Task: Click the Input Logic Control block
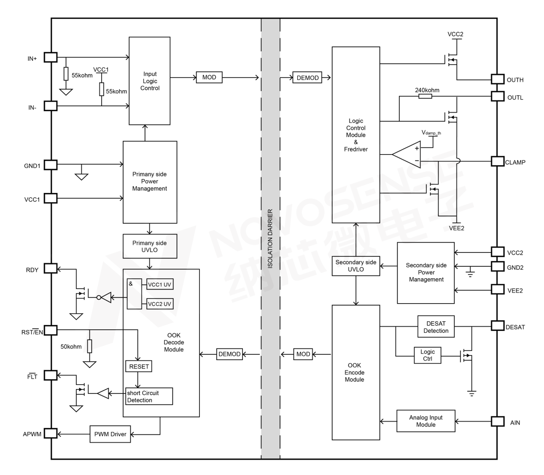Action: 150,81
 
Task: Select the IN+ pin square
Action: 51,57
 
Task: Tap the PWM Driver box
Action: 110,434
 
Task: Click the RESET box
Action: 139,366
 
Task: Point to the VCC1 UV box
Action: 160,285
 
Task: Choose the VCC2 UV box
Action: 160,304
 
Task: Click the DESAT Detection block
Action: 436,327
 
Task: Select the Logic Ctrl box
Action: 428,355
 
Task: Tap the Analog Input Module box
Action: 426,421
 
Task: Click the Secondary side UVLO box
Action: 356,266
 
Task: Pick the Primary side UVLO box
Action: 150,246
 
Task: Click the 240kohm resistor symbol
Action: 425,97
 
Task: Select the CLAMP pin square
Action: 498,162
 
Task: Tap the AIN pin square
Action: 498,421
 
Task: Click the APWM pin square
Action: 51,433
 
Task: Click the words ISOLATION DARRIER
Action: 270,239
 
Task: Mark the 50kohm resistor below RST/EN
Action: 89,346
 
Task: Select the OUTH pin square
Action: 498,79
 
